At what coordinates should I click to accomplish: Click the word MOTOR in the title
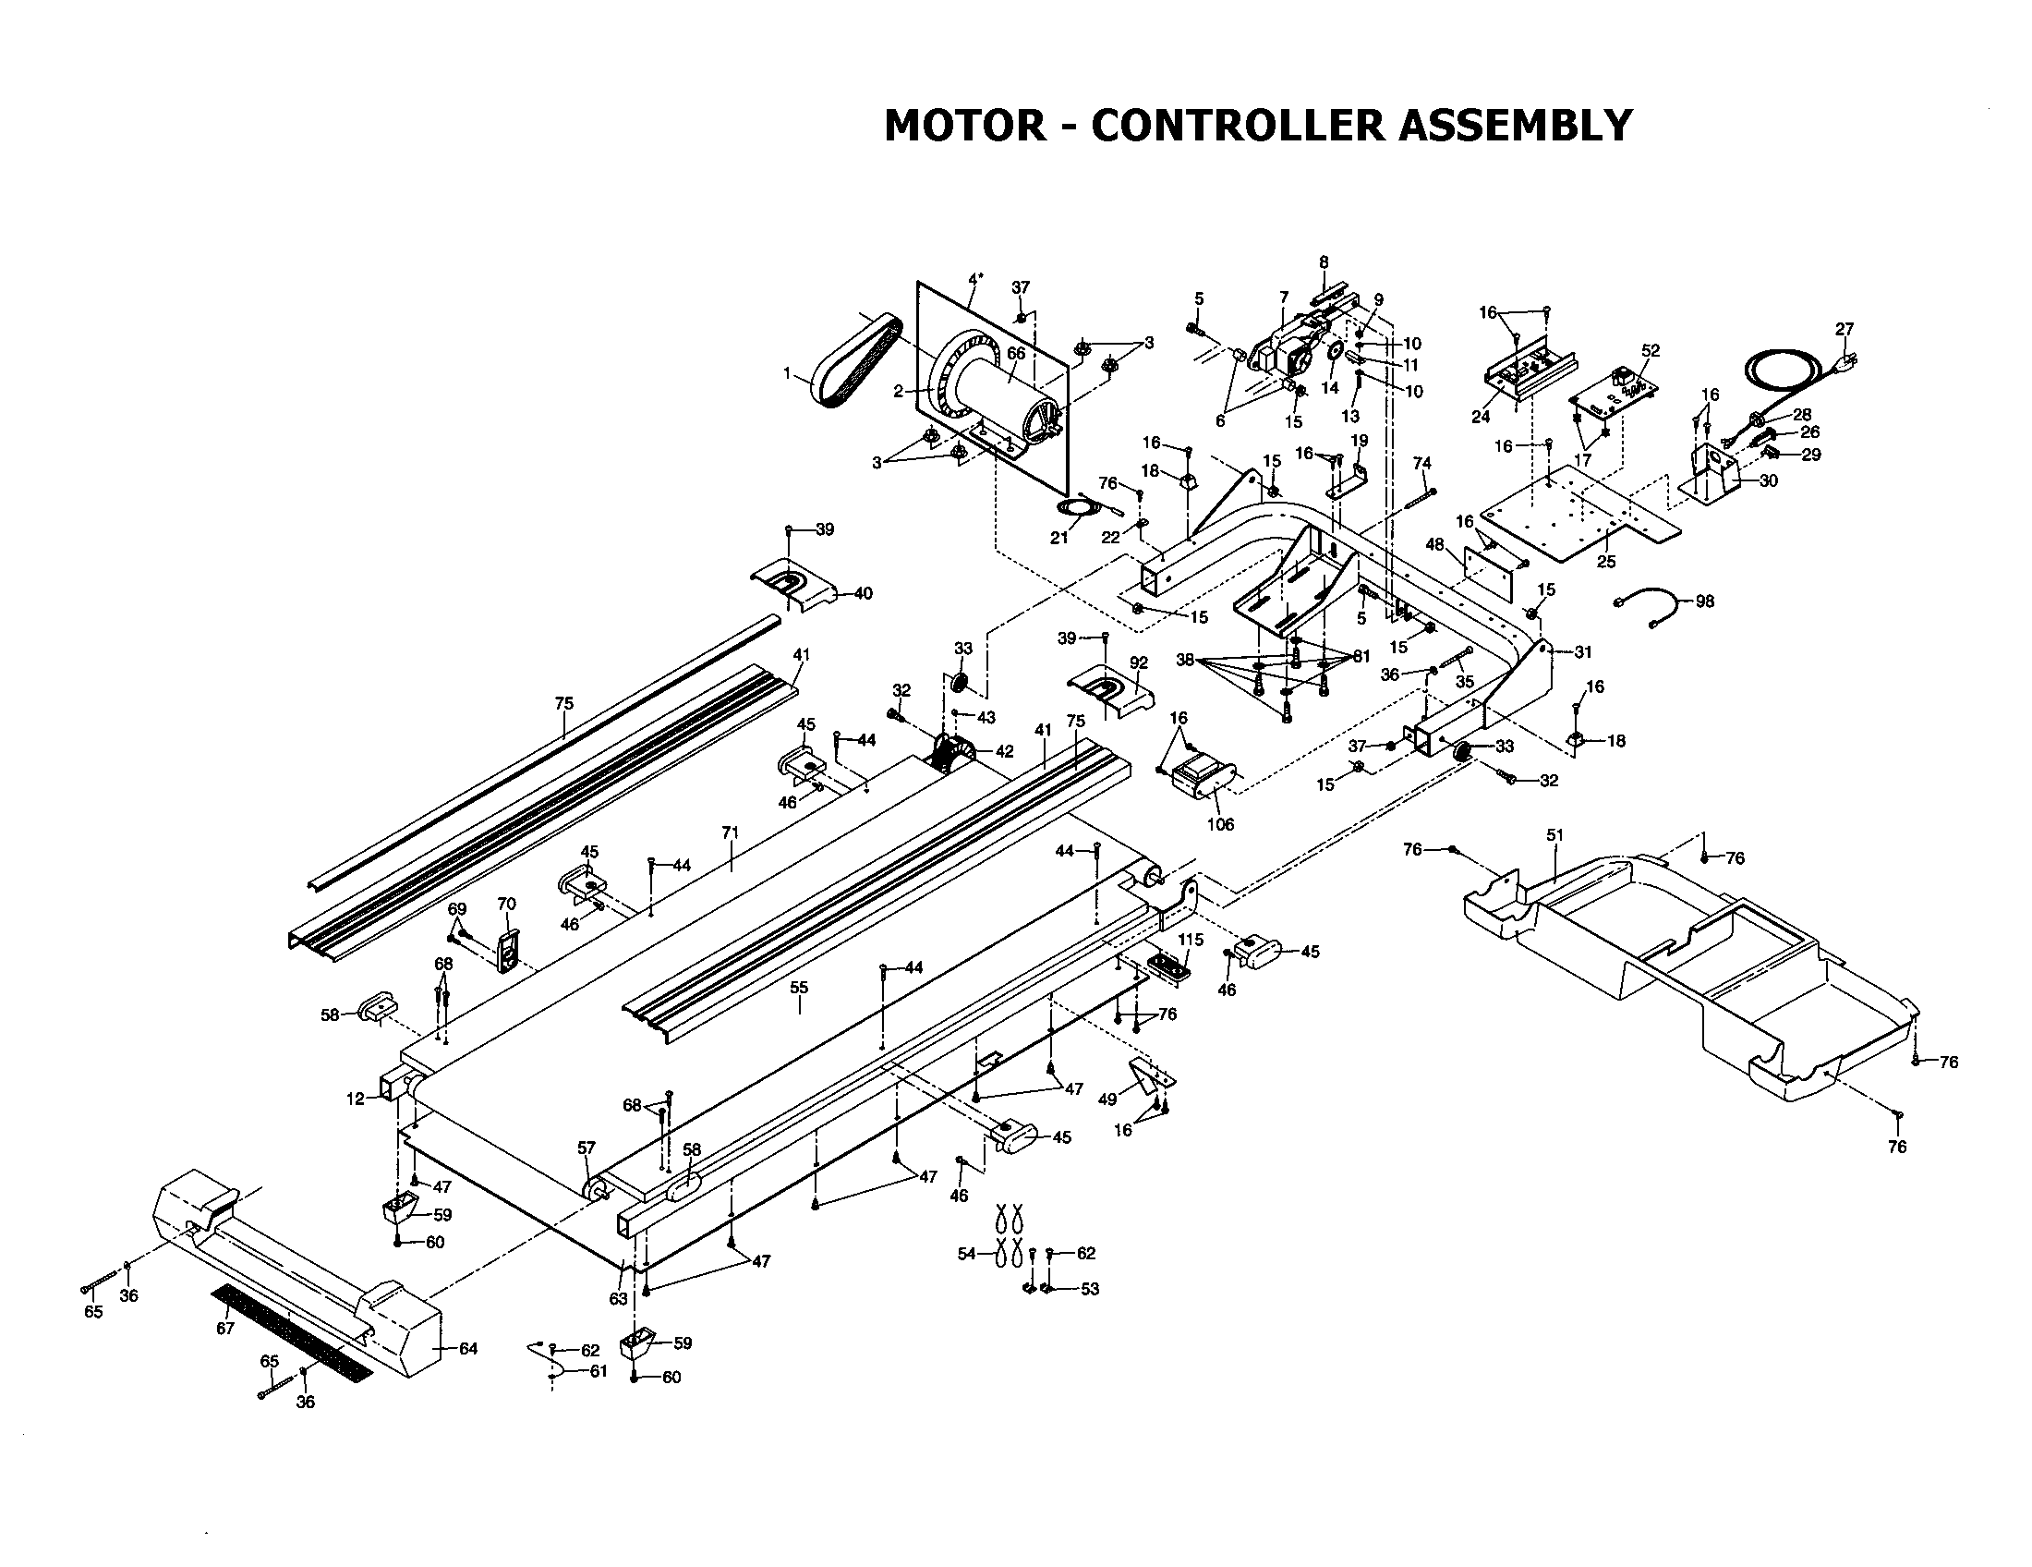coord(964,125)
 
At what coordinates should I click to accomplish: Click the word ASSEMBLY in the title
coord(1516,125)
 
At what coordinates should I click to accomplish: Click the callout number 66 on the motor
coord(1015,354)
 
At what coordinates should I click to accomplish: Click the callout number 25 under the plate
coord(1606,562)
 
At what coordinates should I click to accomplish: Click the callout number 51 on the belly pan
coord(1554,835)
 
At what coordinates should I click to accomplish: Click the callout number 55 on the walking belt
coord(799,988)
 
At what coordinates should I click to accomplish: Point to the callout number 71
coord(730,832)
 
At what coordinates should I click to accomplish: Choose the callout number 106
coord(1220,823)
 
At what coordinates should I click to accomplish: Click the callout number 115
coord(1191,940)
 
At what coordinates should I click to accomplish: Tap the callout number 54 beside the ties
coord(967,1255)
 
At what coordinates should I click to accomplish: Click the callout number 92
coord(1139,662)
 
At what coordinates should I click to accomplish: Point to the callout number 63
coord(618,1299)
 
